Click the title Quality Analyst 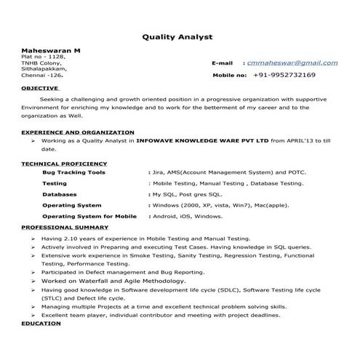coord(177,36)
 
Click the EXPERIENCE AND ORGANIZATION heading coord(77,132)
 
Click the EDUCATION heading coord(41,322)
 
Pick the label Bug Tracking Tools coord(73,172)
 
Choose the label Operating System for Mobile coord(89,217)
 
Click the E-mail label coord(222,63)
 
